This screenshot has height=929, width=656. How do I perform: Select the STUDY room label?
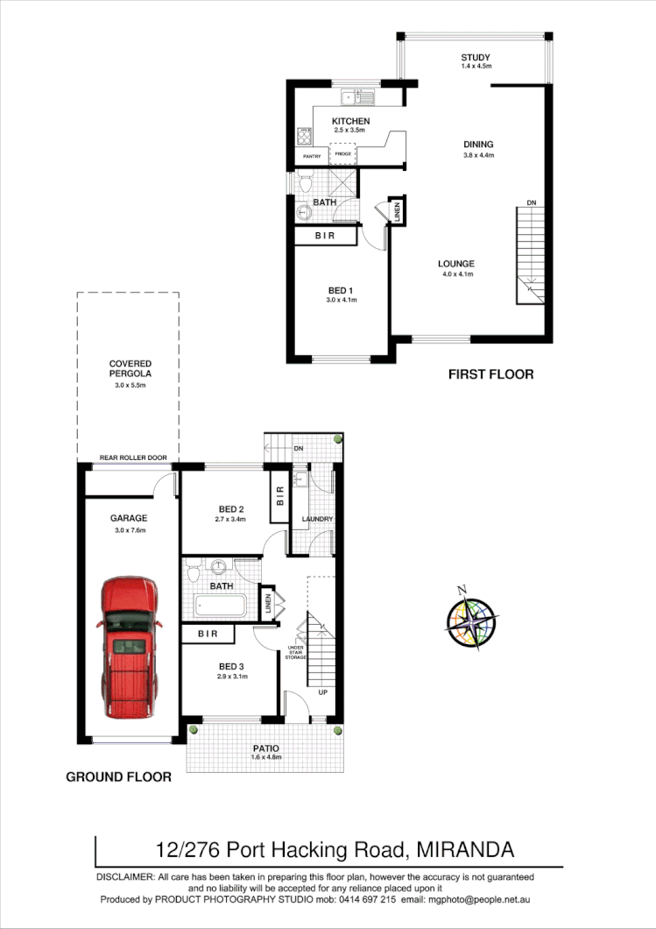point(476,58)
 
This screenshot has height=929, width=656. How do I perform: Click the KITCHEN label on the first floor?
point(350,121)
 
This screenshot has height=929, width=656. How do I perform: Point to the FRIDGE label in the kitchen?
point(342,154)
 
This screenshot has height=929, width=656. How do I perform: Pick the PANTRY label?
point(313,157)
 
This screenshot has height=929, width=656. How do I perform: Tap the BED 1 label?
point(341,290)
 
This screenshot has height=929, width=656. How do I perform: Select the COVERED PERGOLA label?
point(130,369)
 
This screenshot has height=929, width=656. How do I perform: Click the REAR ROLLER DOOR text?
point(132,458)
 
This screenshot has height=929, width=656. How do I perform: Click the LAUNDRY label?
point(316,519)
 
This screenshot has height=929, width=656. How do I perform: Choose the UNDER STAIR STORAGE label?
point(297,652)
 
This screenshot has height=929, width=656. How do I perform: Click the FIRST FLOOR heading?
point(490,374)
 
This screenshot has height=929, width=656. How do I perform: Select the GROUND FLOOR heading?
point(118,777)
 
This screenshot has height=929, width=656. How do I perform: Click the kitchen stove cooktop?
point(305,136)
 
